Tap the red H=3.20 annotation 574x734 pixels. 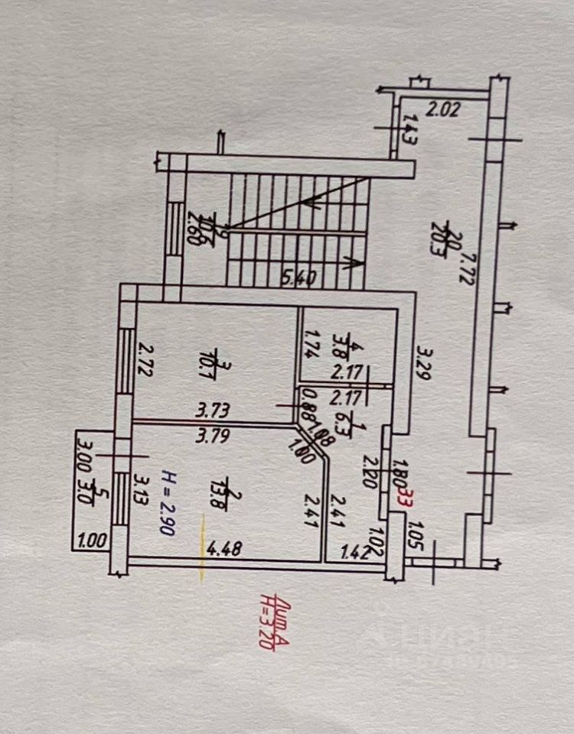tap(266, 622)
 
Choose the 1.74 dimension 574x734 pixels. tap(311, 345)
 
